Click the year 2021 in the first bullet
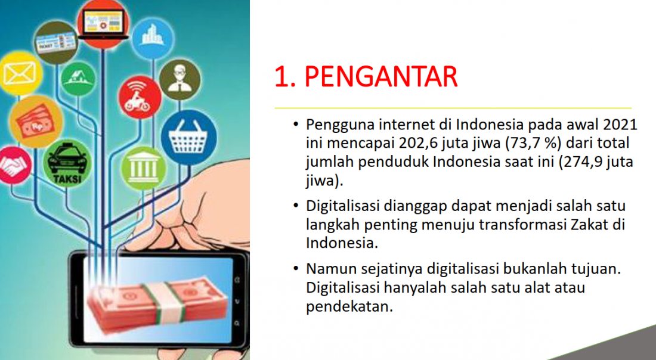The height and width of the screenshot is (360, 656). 620,125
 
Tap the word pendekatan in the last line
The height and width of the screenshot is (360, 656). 349,307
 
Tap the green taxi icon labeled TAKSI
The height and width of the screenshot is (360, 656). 67,163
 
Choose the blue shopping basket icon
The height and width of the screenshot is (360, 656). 188,138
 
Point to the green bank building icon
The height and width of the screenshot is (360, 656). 144,167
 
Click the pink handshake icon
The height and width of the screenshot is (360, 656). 13,165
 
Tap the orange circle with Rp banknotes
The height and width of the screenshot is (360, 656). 36,122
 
